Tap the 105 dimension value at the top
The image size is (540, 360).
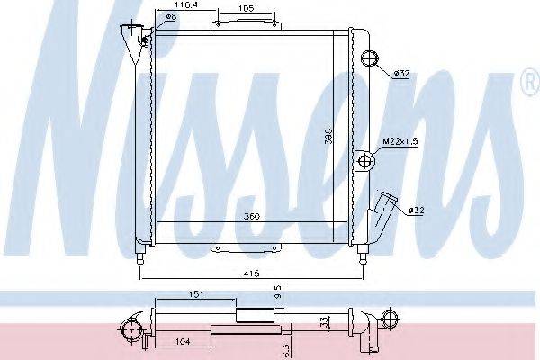point(246,9)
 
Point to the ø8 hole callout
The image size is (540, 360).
point(171,16)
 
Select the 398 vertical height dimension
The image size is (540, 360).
point(329,137)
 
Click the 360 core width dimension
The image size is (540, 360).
point(252,217)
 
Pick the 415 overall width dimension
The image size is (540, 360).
point(252,274)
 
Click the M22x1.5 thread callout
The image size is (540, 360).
point(400,141)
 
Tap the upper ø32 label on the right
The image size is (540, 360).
point(401,74)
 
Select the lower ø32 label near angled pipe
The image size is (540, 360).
point(417,210)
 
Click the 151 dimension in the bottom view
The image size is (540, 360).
point(195,294)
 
